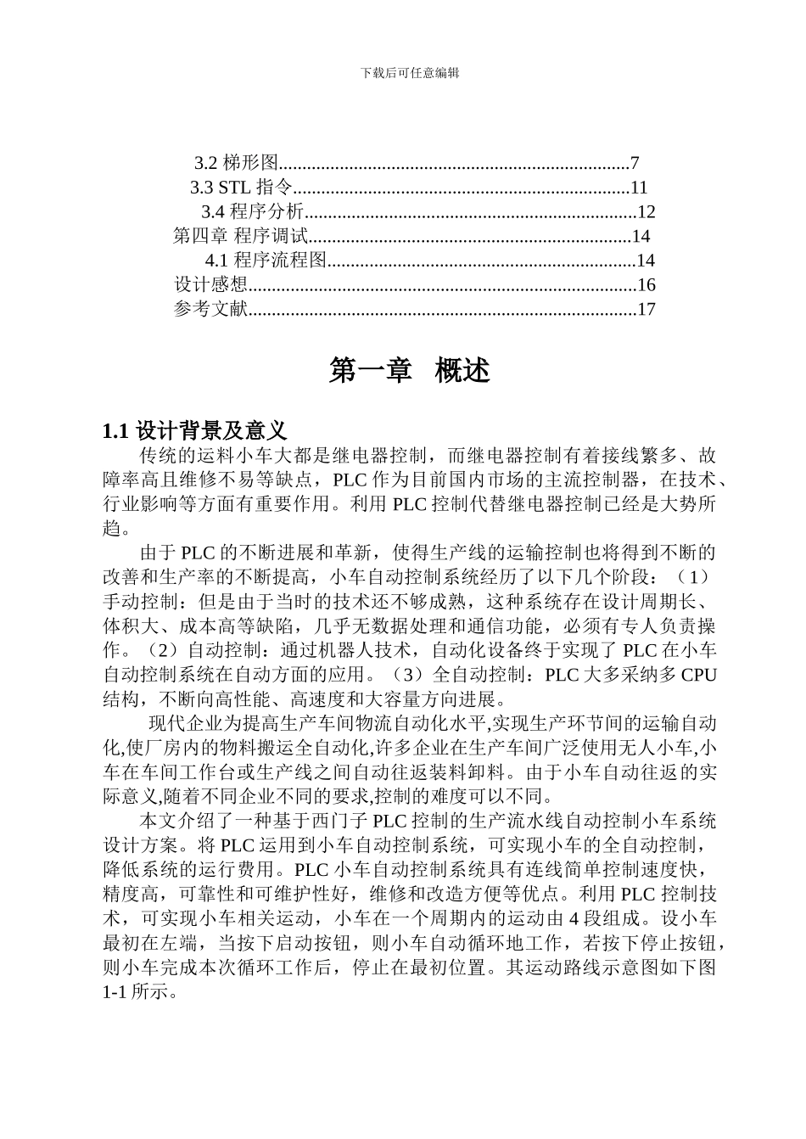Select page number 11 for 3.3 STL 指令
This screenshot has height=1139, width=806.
[639, 188]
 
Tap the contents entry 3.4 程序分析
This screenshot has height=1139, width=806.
[252, 212]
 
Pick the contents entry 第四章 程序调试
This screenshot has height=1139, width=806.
[240, 236]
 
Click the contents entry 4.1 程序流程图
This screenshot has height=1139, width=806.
[266, 261]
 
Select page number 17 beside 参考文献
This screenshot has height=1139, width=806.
[646, 310]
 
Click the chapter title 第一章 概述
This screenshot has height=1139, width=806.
[410, 371]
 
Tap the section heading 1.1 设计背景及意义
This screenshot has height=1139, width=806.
[195, 430]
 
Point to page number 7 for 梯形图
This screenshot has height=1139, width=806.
[634, 163]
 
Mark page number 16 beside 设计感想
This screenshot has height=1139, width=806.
[646, 285]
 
